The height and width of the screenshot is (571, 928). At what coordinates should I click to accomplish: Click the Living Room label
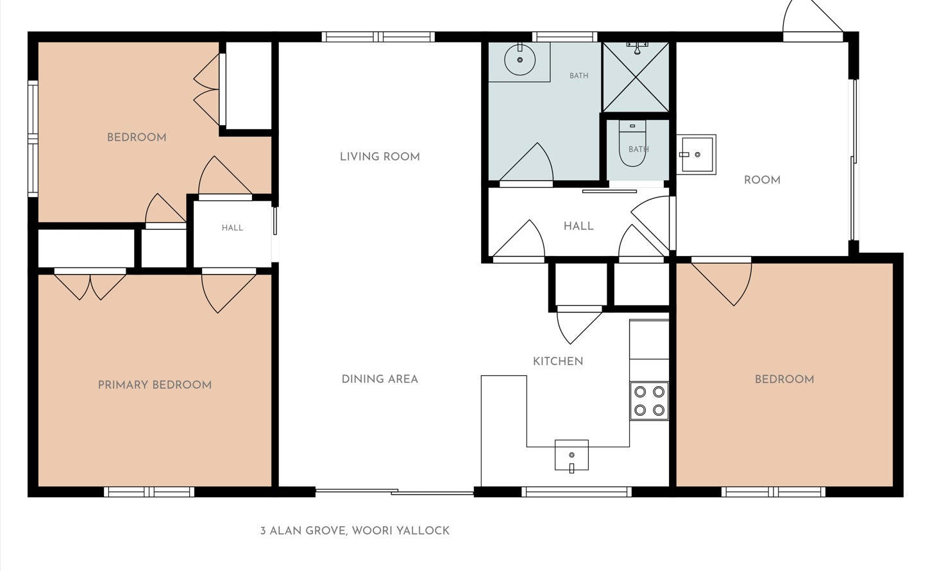point(380,157)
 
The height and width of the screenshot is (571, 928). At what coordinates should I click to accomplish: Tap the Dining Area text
point(380,379)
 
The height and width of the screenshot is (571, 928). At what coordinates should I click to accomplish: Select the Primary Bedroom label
point(155,385)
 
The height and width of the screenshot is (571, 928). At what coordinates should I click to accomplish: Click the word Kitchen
point(557,361)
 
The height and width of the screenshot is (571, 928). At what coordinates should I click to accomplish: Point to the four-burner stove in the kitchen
point(649,401)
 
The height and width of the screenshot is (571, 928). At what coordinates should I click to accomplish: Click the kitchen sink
point(571,456)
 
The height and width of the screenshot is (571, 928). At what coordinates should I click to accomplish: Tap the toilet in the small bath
point(632,143)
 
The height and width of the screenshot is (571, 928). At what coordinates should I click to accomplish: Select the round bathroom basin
point(519,60)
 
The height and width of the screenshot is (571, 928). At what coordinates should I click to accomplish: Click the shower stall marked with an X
point(636,77)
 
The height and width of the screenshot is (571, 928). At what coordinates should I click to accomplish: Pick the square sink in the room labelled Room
point(696,155)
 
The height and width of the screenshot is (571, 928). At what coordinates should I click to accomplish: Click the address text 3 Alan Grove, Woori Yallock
point(355,531)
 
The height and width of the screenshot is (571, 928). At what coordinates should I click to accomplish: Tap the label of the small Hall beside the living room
point(232,228)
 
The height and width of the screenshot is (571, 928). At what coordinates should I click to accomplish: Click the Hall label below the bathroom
point(578,226)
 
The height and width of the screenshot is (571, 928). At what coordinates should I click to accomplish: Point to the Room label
point(762,180)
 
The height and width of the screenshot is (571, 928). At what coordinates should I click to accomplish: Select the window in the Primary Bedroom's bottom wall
point(149,492)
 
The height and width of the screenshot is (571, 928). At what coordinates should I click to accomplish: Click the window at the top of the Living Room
point(378,37)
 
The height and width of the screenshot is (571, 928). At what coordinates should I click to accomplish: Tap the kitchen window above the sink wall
point(577,492)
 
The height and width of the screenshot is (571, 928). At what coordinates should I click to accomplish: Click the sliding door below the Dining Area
point(394,492)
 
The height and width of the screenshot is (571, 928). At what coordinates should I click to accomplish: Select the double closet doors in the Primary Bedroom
point(90,284)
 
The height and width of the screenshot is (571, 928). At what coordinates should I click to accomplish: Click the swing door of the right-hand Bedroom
point(721,282)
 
